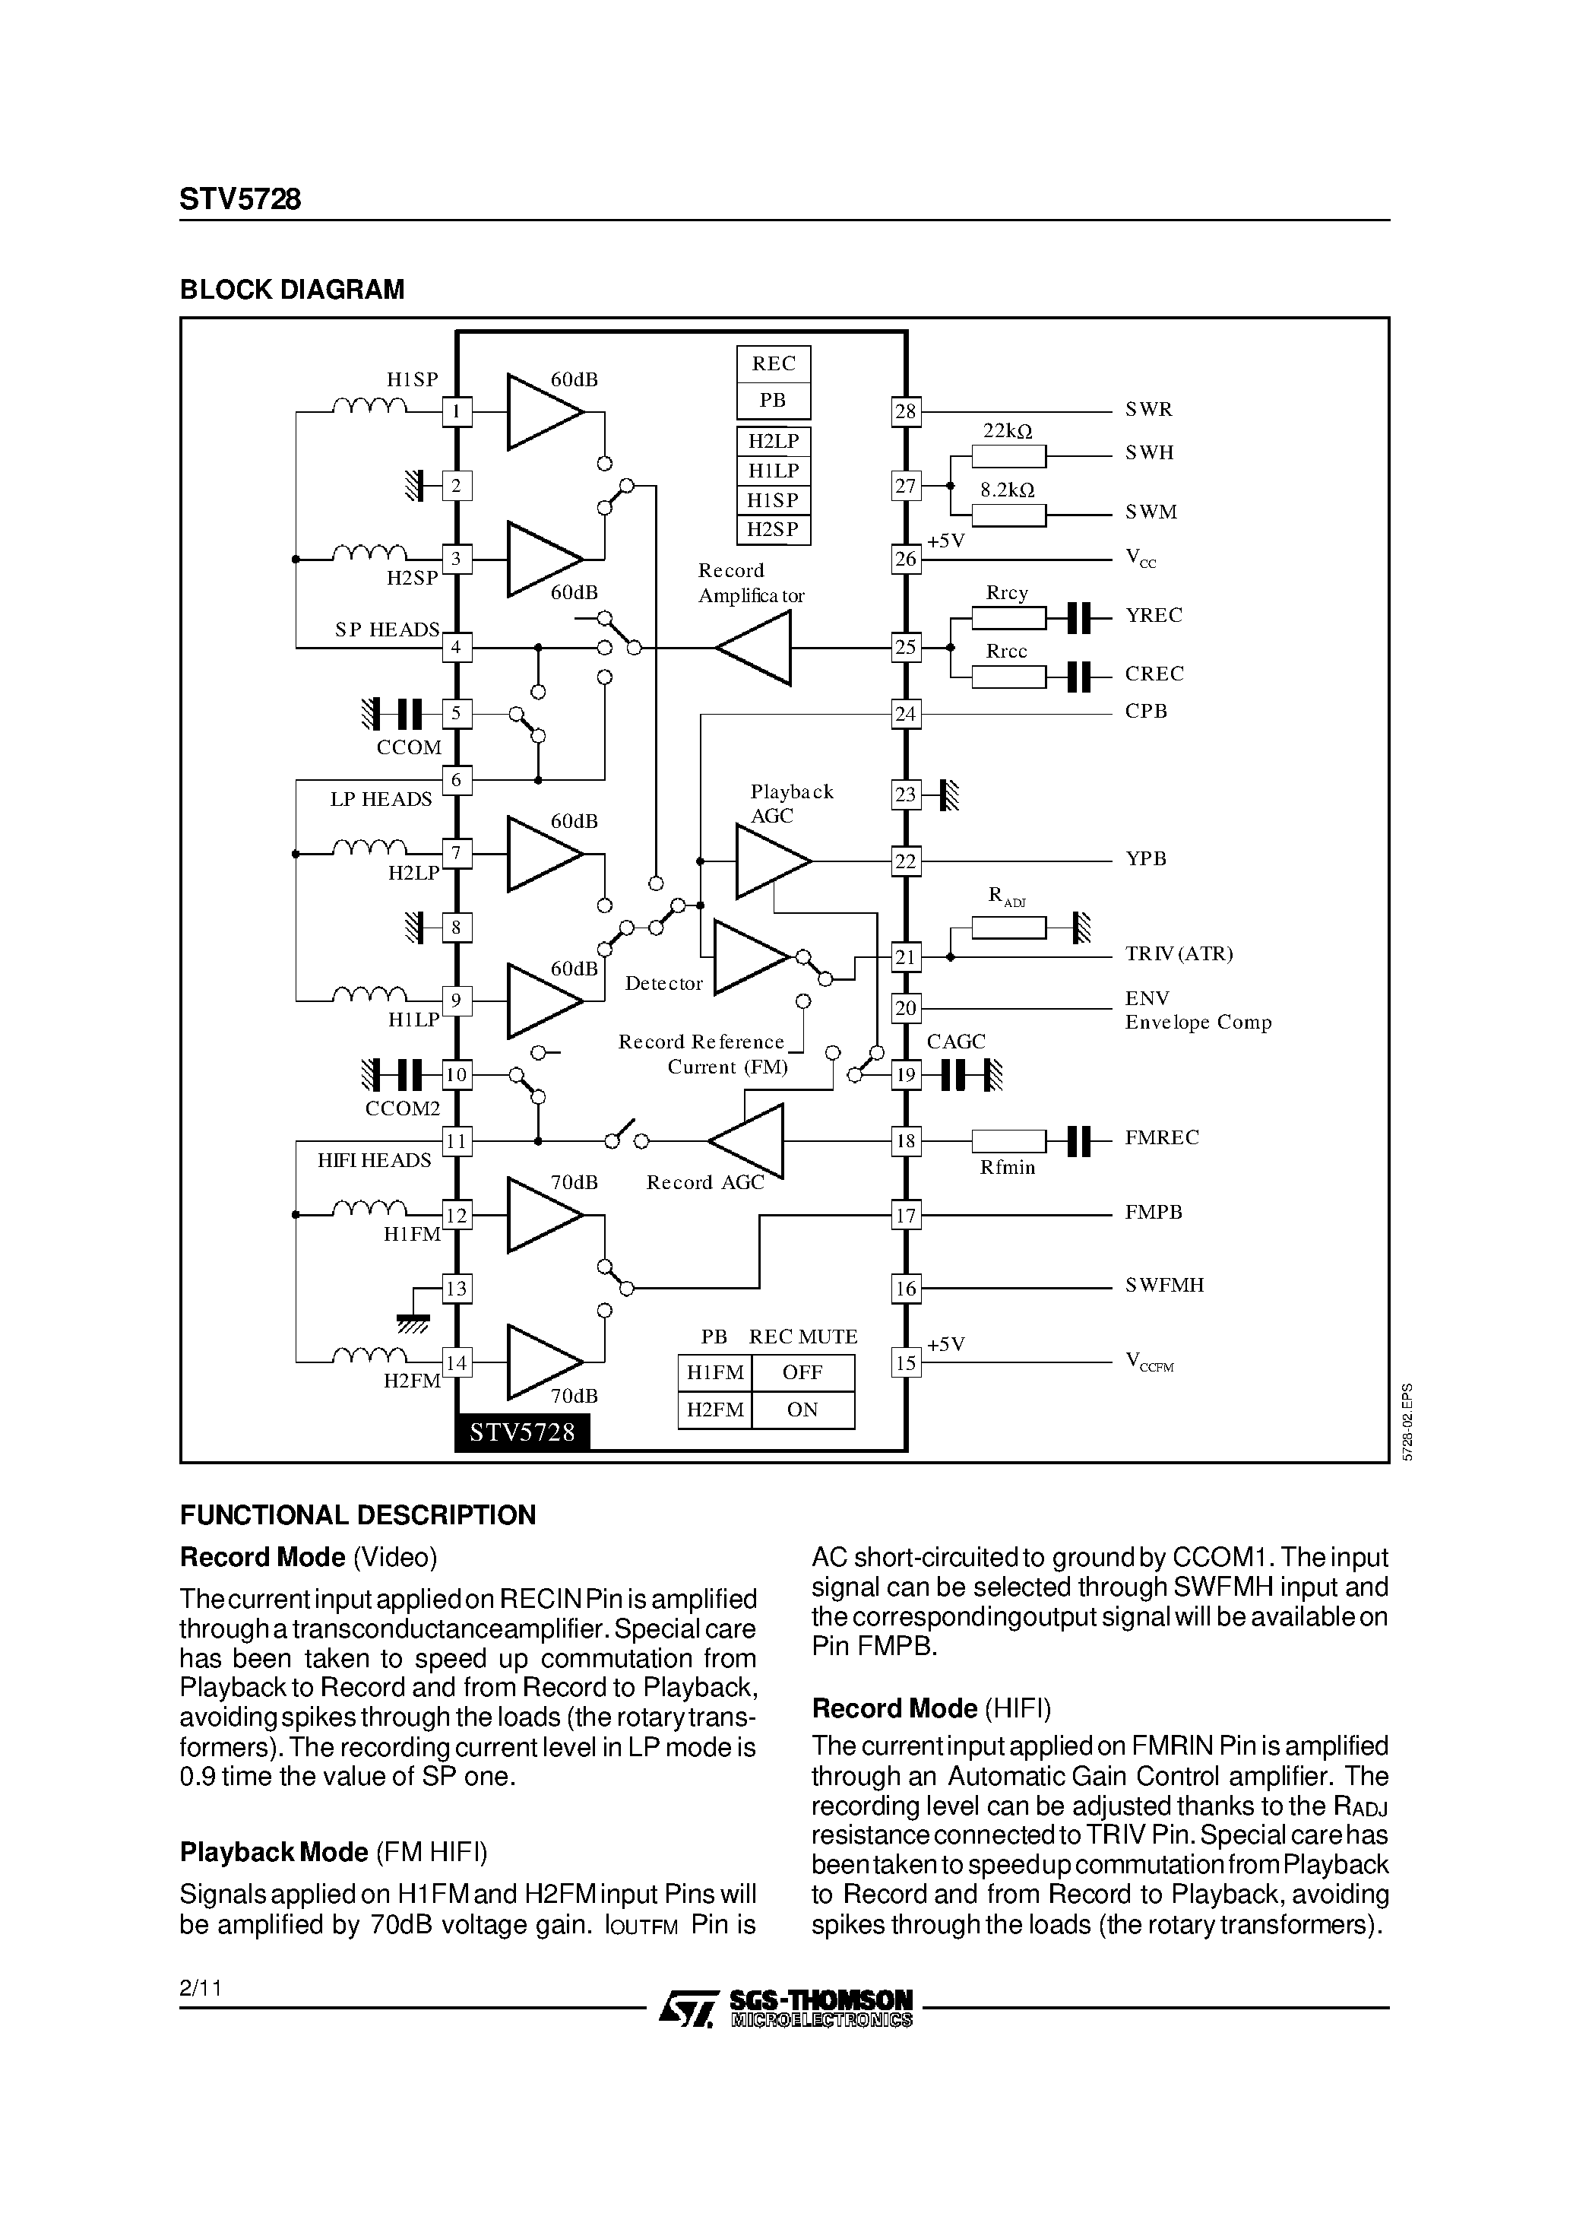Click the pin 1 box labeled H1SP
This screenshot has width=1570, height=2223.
457,413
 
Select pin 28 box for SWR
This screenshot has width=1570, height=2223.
905,411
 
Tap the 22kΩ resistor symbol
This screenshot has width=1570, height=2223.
1008,456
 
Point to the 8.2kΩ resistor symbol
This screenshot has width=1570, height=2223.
1008,515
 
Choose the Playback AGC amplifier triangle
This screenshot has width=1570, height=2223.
770,861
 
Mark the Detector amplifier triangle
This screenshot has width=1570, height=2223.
749,956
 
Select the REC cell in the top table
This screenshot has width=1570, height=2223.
774,364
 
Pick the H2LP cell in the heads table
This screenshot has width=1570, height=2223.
774,442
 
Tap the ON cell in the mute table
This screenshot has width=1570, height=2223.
803,1410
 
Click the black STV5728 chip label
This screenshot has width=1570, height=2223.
523,1432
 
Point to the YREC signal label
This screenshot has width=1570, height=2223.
1153,616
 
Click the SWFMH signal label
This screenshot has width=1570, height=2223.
1164,1286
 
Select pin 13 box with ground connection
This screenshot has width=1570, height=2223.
456,1289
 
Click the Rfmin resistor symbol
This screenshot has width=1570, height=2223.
1008,1141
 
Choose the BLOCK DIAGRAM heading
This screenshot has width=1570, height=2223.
293,290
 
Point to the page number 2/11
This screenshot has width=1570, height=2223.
201,1989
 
